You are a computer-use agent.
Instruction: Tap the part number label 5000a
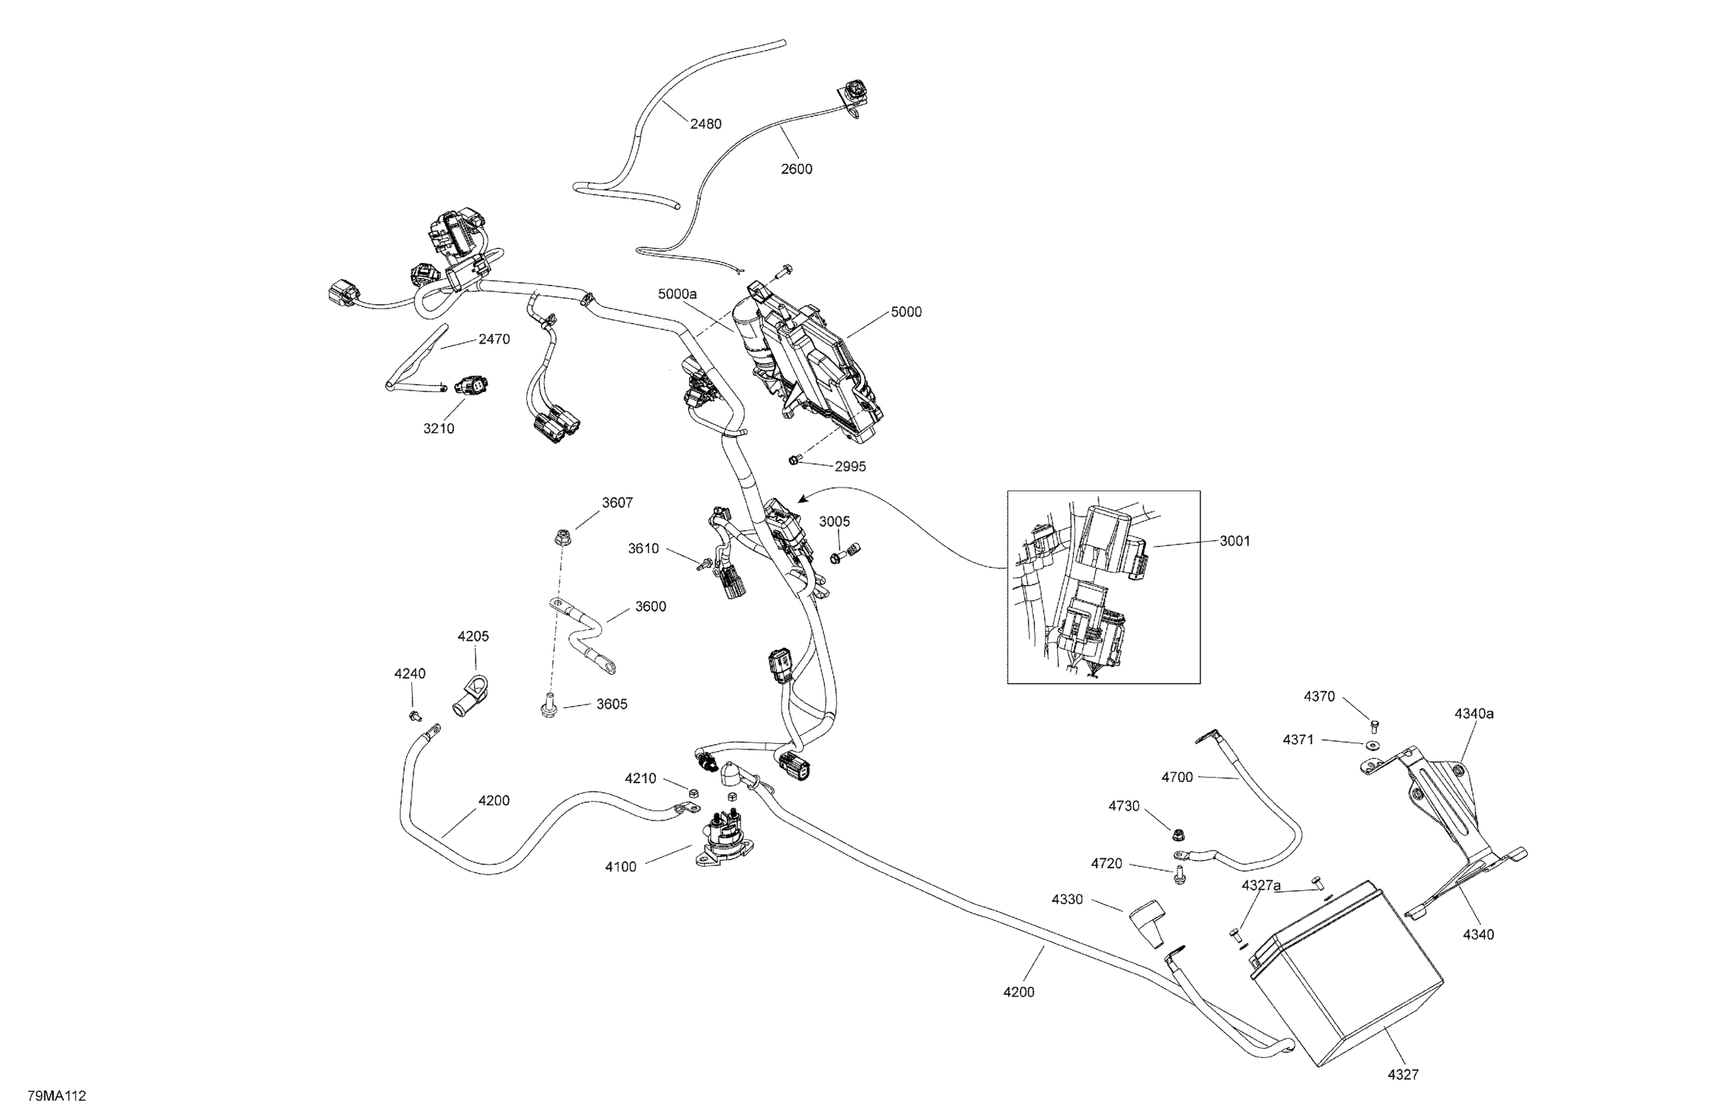[x=677, y=294]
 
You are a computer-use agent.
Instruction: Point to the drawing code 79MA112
[x=57, y=1096]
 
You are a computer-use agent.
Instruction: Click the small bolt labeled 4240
[x=415, y=716]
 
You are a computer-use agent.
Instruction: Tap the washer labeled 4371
[x=1372, y=745]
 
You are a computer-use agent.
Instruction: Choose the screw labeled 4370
[x=1375, y=724]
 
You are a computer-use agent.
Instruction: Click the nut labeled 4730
[x=1177, y=834]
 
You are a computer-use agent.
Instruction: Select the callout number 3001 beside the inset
[x=1235, y=541]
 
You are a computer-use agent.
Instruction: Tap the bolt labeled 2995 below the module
[x=794, y=460]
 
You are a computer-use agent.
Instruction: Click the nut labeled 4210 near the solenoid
[x=692, y=791]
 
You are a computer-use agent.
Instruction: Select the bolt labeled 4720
[x=1180, y=875]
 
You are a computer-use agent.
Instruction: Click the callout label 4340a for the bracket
[x=1474, y=713]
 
